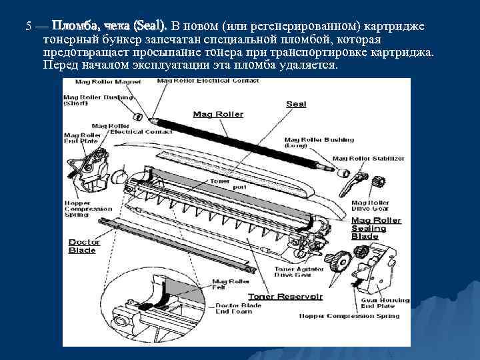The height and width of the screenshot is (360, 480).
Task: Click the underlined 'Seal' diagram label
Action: pos(296,104)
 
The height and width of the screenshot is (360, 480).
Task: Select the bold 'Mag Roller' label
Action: pos(218,114)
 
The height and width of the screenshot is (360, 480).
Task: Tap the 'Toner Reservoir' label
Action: pos(285,295)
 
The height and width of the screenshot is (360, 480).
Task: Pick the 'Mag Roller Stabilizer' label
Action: pos(368,159)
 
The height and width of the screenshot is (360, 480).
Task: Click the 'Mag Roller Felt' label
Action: pos(226,285)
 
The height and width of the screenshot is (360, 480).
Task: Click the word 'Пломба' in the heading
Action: pos(73,27)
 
